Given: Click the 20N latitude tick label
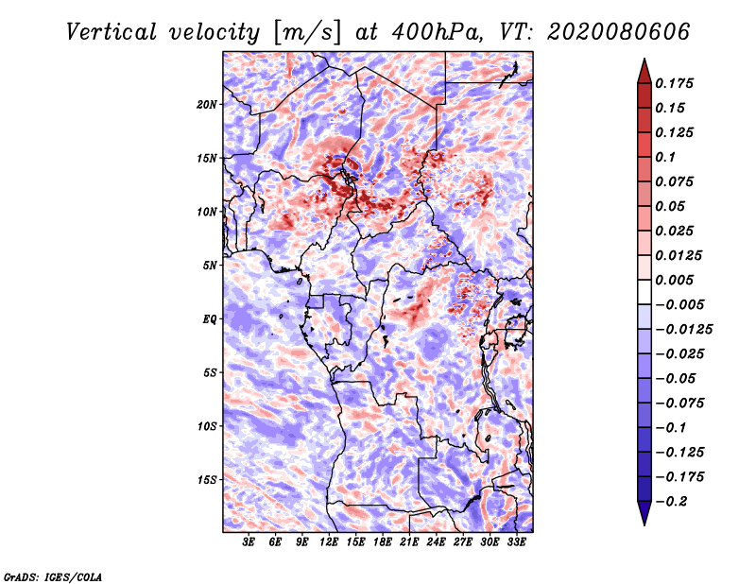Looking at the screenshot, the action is [x=207, y=105].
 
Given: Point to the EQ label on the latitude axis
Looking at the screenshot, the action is [x=210, y=319].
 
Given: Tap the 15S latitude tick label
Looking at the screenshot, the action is [x=207, y=480].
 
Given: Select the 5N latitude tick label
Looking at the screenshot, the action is [x=210, y=266].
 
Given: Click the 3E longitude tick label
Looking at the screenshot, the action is [x=249, y=542].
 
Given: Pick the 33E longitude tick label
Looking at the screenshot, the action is [x=516, y=542].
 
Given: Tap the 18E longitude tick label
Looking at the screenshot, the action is [x=383, y=542].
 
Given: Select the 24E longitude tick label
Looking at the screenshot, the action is [x=436, y=542].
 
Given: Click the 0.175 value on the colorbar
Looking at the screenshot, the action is [x=674, y=83].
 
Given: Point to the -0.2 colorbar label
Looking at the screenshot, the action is [x=671, y=502].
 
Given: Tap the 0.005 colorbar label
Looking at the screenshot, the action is [x=674, y=280].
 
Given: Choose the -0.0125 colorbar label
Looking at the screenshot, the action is [x=683, y=330].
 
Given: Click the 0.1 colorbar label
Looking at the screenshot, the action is [x=665, y=157].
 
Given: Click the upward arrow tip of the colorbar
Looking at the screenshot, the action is [x=644, y=59].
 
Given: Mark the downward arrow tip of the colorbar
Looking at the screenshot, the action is [x=644, y=524].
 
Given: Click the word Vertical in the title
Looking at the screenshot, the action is [x=112, y=32].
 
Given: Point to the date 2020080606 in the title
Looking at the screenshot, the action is [x=619, y=32].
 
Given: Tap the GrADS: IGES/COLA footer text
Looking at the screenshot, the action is [x=53, y=576].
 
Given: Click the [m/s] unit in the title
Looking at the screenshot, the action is [x=307, y=33].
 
